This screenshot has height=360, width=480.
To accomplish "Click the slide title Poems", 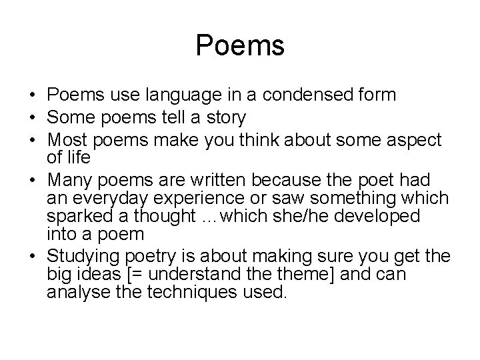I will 240,46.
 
